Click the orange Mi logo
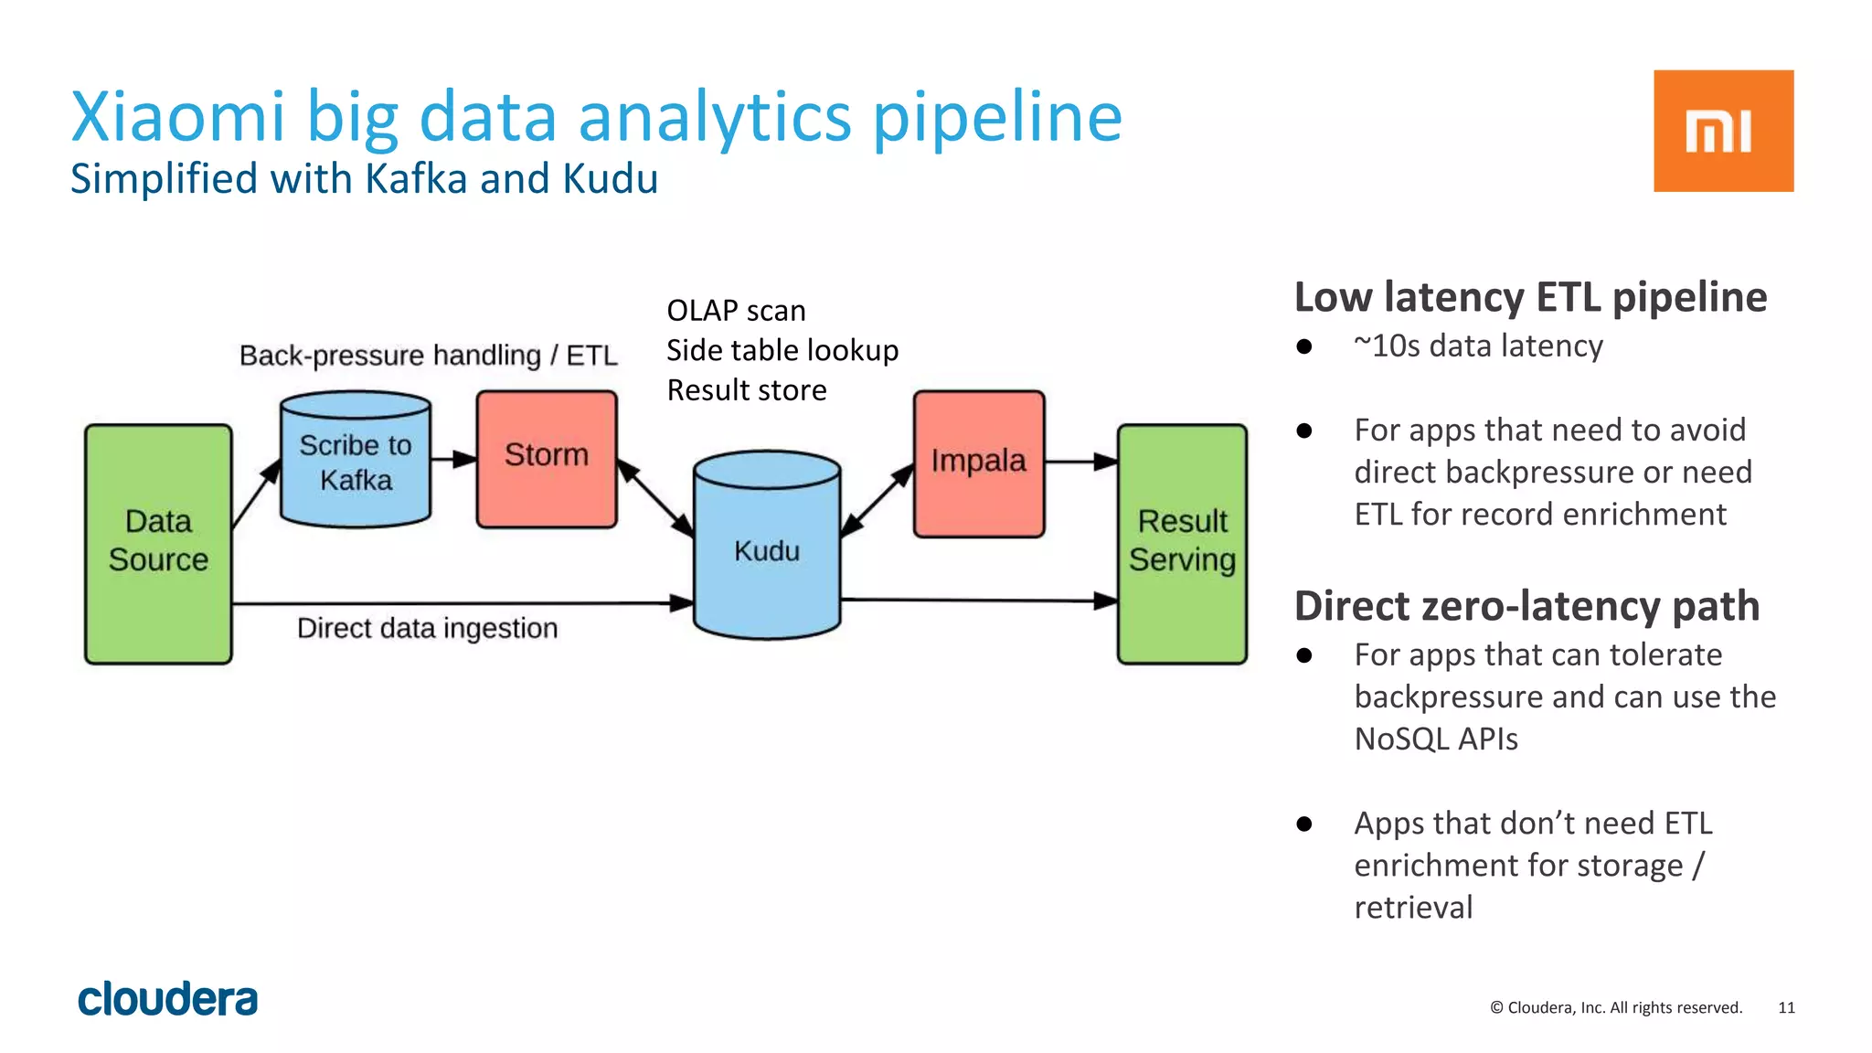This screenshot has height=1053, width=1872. pyautogui.click(x=1722, y=131)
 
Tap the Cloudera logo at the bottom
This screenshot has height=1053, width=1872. pyautogui.click(x=168, y=999)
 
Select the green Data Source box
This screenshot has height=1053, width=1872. pyautogui.click(x=158, y=543)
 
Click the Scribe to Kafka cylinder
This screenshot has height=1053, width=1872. pyautogui.click(x=356, y=462)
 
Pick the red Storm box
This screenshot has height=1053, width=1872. pyautogui.click(x=547, y=459)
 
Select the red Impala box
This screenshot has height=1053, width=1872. pyautogui.click(x=978, y=463)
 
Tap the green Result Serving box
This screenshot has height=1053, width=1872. pyautogui.click(x=1181, y=543)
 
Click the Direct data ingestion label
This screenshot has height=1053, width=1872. pyautogui.click(x=427, y=629)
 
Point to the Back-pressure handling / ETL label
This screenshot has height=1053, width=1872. pyautogui.click(x=428, y=356)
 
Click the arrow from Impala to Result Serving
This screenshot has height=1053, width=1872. pyautogui.click(x=1080, y=463)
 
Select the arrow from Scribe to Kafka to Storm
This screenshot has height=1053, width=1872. pyautogui.click(x=453, y=459)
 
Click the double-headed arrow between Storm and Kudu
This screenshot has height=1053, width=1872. pyautogui.click(x=654, y=497)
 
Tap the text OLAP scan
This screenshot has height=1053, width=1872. pyautogui.click(x=736, y=311)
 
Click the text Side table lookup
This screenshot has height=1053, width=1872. pyautogui.click(x=782, y=350)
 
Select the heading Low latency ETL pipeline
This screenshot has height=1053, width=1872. pyautogui.click(x=1530, y=298)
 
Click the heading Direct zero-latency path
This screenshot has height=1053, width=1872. pyautogui.click(x=1526, y=607)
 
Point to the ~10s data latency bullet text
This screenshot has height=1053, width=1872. pyautogui.click(x=1478, y=346)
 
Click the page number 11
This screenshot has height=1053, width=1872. pyautogui.click(x=1786, y=1007)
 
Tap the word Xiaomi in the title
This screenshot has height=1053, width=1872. pyautogui.click(x=178, y=117)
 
